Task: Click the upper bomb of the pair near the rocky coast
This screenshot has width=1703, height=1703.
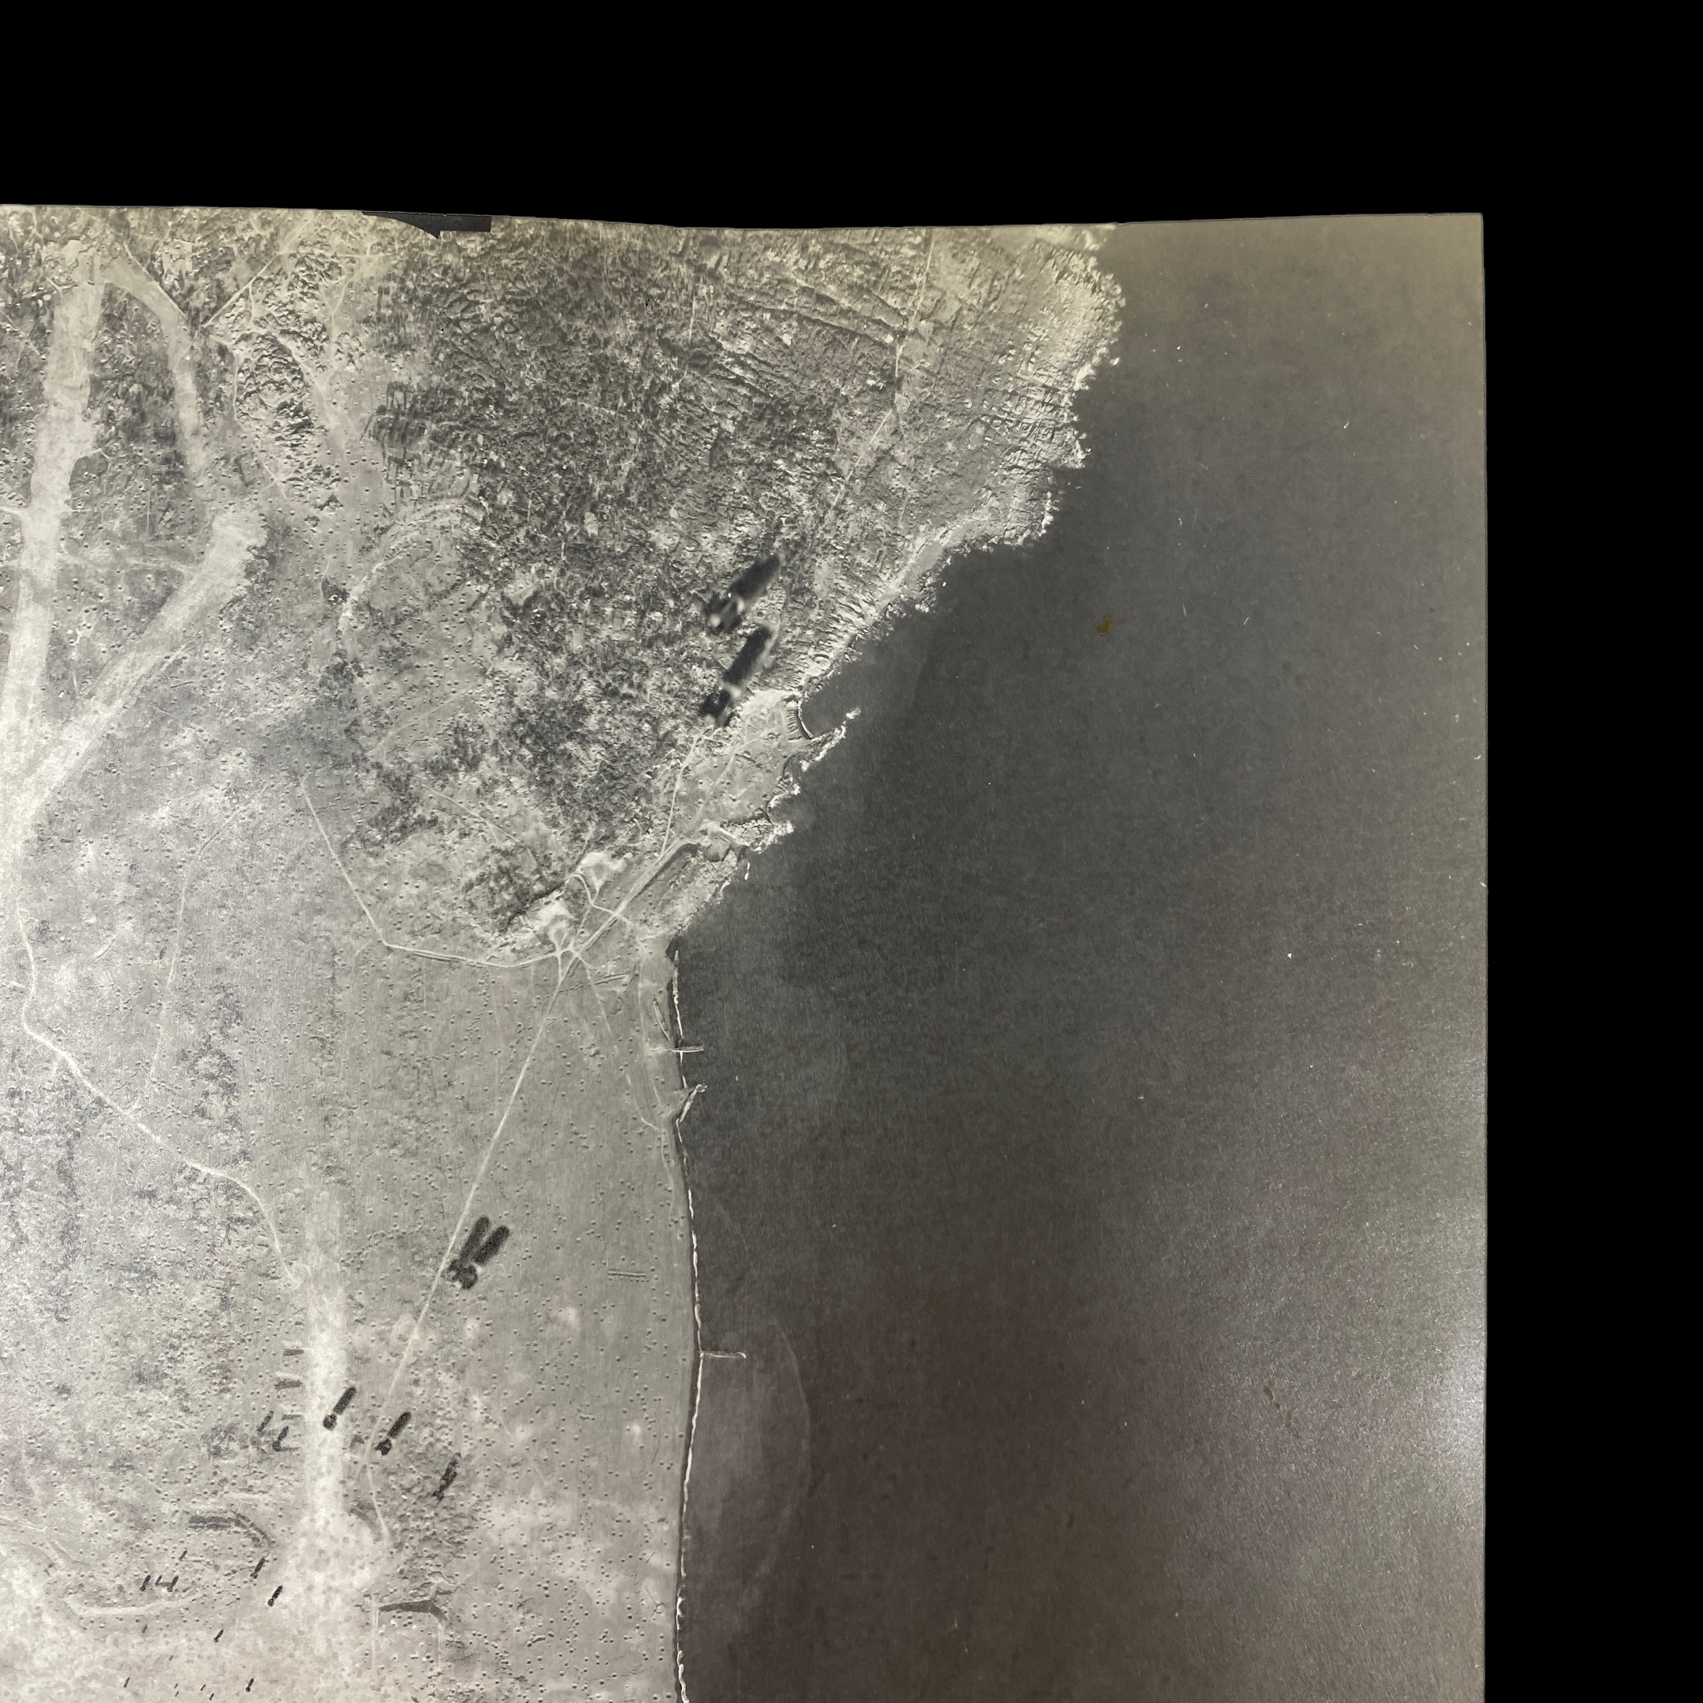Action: (743, 593)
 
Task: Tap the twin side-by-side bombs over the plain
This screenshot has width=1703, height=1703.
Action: (477, 1253)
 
